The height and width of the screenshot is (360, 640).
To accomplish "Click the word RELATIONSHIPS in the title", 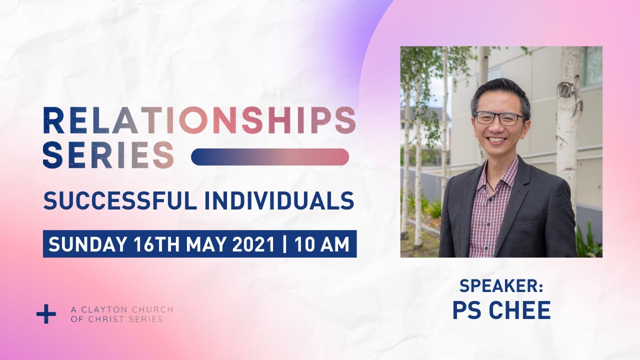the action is [199, 120].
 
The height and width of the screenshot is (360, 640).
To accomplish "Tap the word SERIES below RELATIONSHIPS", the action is [108, 154].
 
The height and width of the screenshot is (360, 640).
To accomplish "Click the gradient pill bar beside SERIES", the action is [270, 157].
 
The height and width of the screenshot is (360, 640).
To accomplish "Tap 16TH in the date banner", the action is [152, 244].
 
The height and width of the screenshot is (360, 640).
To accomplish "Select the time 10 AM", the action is [322, 244].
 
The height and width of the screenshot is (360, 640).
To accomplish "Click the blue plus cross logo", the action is [46, 314].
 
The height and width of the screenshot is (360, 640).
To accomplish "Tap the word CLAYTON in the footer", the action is [102, 309].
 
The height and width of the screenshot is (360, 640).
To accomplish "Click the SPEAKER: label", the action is [501, 286].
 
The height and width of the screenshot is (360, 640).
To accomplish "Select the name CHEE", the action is [521, 310].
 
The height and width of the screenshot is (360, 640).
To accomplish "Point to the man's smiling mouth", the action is [497, 139].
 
